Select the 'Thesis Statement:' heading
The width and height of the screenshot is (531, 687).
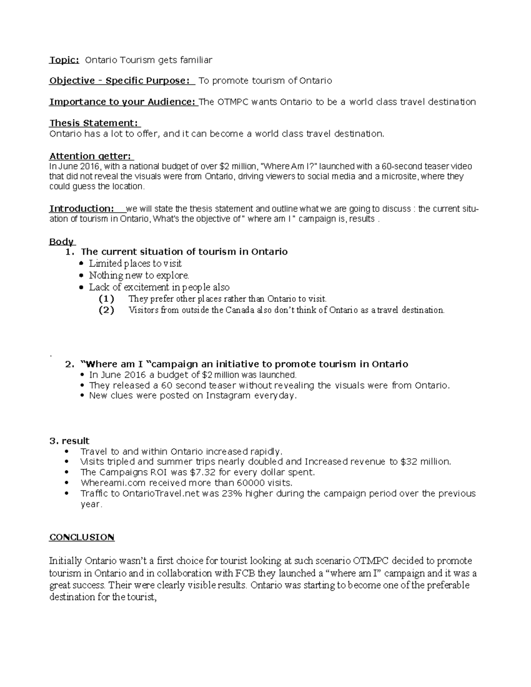click(94, 123)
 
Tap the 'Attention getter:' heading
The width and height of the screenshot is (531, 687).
click(91, 156)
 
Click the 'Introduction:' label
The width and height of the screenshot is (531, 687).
click(82, 208)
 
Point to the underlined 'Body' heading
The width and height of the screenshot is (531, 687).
click(62, 242)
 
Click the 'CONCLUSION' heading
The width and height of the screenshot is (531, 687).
click(82, 537)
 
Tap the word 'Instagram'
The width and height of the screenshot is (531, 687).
click(228, 395)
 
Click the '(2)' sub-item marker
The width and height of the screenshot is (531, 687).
click(106, 310)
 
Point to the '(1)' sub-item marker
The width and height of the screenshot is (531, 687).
click(106, 299)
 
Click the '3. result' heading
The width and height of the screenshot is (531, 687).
click(69, 441)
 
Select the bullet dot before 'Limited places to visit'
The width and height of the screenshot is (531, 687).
click(80, 264)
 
